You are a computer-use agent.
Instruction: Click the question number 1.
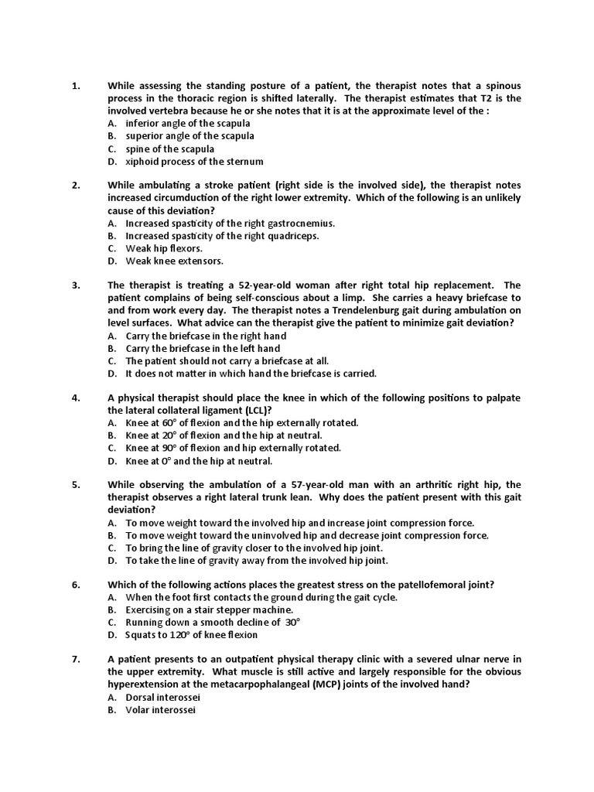point(76,86)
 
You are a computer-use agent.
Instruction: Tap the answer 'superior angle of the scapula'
point(189,136)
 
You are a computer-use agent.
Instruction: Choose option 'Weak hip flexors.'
point(164,248)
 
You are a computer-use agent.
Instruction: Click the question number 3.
point(76,285)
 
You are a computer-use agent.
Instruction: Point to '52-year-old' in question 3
point(245,285)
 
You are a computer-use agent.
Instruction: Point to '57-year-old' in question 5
point(329,485)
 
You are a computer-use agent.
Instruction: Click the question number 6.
point(76,585)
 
